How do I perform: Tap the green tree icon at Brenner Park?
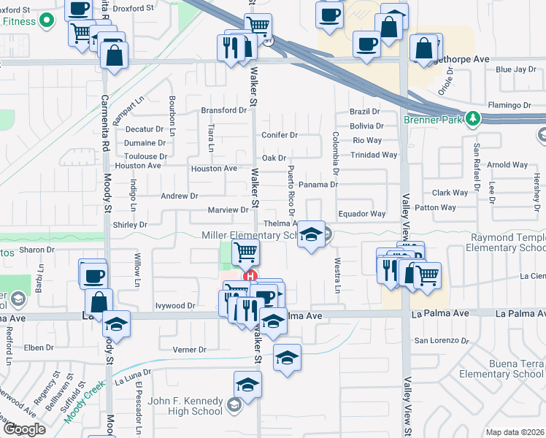473,118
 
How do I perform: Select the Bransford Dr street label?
224,110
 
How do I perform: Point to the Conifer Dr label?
280,135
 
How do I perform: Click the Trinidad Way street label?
374,155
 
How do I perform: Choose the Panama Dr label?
318,185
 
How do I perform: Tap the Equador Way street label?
361,214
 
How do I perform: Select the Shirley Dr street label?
131,225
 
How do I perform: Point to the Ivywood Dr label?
176,306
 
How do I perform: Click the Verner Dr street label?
191,350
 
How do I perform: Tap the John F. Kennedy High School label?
185,406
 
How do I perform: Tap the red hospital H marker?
250,277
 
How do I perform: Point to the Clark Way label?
450,193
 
